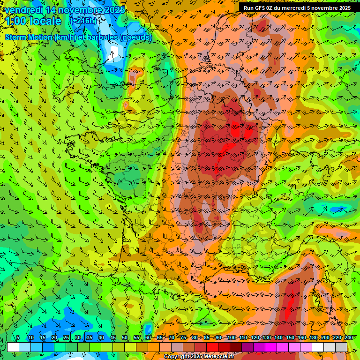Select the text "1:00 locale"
click(33, 22)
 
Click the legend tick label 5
click(18, 337)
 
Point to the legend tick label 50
click(125, 337)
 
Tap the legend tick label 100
click(231, 337)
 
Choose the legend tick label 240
click(348, 337)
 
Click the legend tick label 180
click(313, 337)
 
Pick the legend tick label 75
click(183, 337)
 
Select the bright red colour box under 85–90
click(212, 347)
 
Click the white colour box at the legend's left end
click(13, 347)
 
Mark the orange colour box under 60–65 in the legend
click(154, 347)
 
